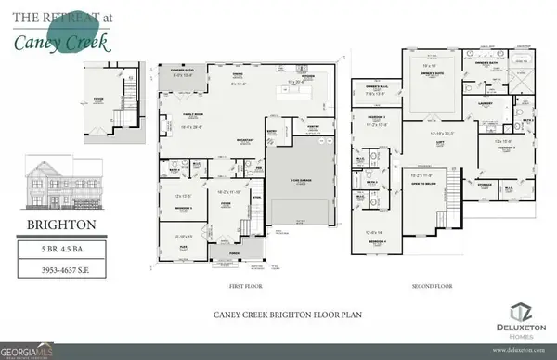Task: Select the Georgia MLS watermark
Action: [32, 352]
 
